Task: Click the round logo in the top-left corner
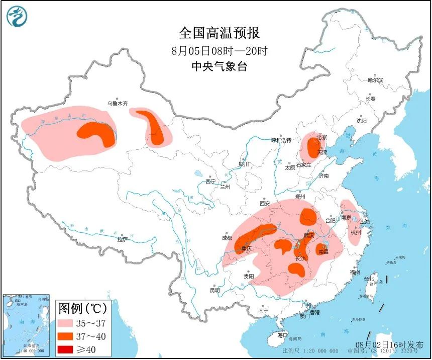18,17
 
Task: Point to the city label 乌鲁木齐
117,104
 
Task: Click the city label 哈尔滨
375,80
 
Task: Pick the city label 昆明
214,290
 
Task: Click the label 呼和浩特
281,140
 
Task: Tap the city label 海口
283,335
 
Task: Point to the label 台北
369,279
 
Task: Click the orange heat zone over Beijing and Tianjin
312,147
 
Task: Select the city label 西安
265,204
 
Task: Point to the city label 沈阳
361,121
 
